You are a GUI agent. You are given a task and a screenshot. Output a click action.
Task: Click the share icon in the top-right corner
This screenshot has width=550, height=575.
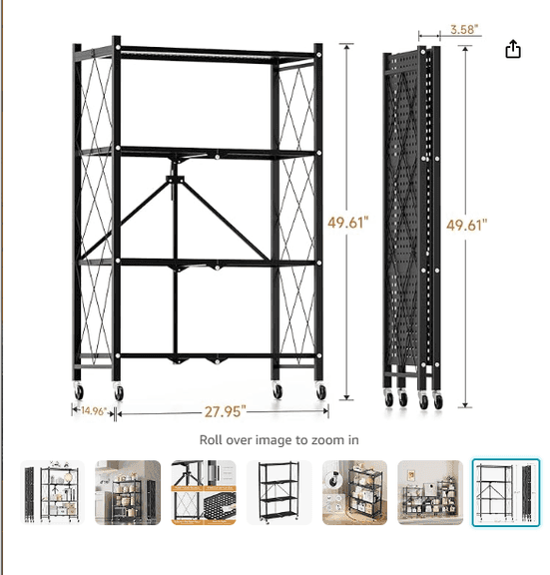pos(513,49)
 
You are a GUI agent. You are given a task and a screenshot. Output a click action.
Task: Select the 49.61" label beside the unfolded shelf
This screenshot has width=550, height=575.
pos(348,222)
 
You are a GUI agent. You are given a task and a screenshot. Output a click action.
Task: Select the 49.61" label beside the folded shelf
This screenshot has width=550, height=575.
pos(467,225)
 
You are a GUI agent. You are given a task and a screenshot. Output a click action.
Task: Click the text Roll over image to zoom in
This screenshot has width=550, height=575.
pos(279,439)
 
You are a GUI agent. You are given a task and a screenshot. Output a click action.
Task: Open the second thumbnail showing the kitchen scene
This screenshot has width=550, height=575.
pos(128,492)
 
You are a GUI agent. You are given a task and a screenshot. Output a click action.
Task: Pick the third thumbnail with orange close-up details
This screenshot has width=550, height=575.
pos(204,492)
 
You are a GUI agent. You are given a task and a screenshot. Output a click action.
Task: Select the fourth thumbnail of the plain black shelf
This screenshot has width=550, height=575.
pos(279,492)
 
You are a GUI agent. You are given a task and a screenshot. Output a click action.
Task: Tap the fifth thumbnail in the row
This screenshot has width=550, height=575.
pos(354,492)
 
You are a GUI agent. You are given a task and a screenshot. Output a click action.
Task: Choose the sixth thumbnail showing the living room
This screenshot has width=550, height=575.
pos(430,492)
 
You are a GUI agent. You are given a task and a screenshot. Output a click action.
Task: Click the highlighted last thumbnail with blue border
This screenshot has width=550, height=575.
pos(506,492)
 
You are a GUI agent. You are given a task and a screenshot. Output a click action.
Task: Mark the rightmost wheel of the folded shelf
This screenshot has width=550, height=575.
pos(437,401)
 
